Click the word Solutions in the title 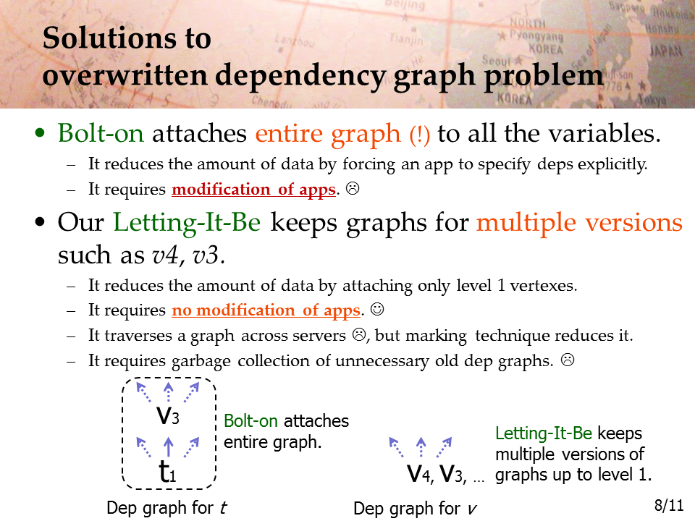[x=126, y=38]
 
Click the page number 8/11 [x=669, y=505]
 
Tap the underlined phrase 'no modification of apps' [x=266, y=310]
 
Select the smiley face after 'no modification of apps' [x=377, y=309]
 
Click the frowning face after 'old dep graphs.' [x=568, y=360]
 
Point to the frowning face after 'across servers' [x=359, y=334]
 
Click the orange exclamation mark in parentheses [x=419, y=135]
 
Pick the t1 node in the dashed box [x=167, y=471]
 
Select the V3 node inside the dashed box [x=168, y=416]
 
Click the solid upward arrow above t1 [x=168, y=446]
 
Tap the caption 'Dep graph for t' [x=167, y=508]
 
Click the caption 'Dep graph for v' [x=415, y=509]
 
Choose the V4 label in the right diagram [x=419, y=474]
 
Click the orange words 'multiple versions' [x=579, y=222]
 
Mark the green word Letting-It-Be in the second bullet [x=187, y=222]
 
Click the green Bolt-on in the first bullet [x=101, y=132]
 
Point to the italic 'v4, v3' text [x=185, y=255]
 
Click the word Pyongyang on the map [x=536, y=35]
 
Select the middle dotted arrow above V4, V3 [x=421, y=447]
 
